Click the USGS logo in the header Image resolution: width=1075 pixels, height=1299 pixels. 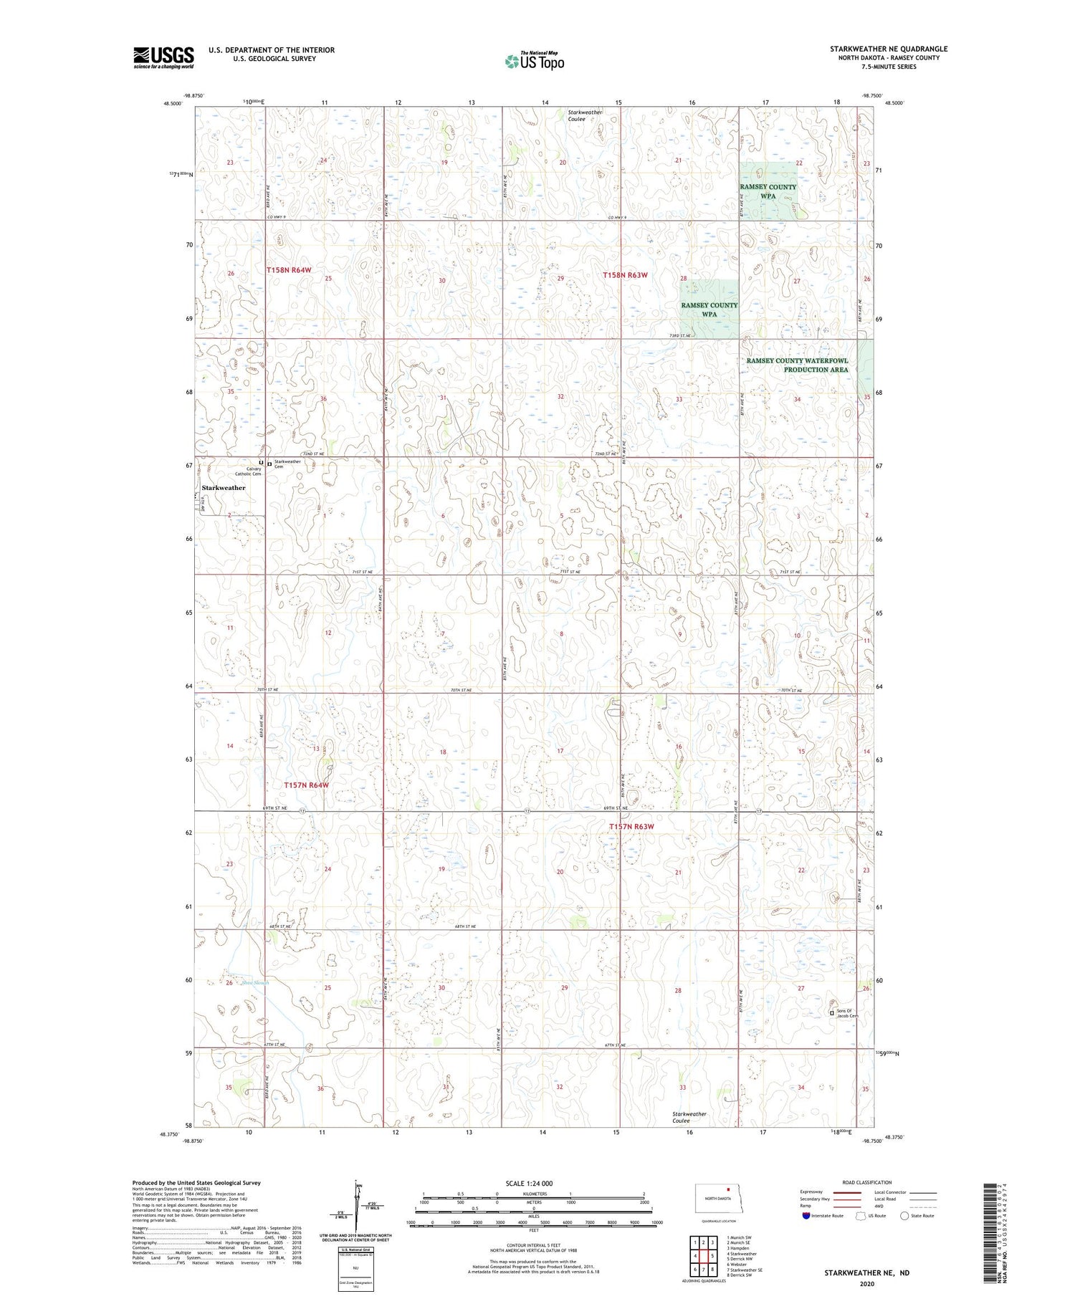163,57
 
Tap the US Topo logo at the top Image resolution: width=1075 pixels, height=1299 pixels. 534,62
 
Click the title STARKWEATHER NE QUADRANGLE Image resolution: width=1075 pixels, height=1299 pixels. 888,49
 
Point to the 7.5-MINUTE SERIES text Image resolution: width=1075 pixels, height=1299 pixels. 888,67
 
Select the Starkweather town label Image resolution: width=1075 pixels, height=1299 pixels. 224,488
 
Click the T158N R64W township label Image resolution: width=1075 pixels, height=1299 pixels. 289,270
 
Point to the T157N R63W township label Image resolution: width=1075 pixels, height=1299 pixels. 631,827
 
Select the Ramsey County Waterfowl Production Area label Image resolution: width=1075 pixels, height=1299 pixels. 797,365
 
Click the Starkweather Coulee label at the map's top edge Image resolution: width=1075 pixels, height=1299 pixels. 586,116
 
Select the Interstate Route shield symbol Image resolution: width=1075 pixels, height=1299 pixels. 806,1216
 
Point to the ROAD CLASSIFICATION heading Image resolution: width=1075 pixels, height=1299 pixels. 866,1182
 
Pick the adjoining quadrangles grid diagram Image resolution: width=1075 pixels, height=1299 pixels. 702,1257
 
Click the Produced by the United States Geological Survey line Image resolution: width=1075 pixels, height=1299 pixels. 196,1183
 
